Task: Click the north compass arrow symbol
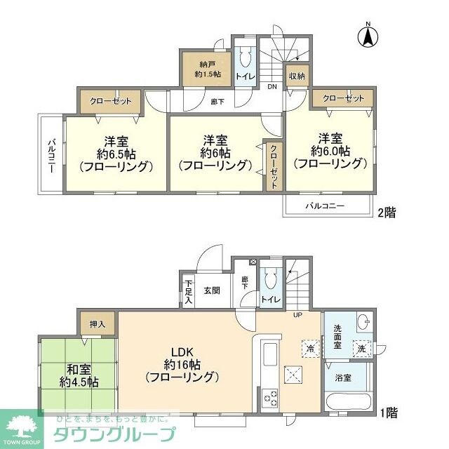point(367,36)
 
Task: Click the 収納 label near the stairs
point(296,76)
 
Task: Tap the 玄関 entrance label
point(213,290)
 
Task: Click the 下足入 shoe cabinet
point(189,292)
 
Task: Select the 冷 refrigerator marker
point(309,347)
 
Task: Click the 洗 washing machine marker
point(361,349)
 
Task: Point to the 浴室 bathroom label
point(343,378)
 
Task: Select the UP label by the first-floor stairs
point(297,314)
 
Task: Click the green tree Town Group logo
point(25,427)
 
